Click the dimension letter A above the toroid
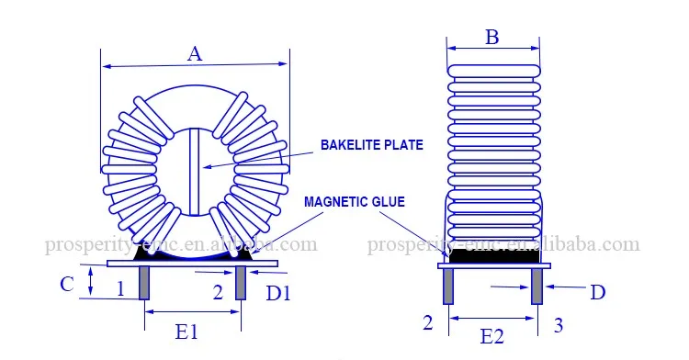click(195, 54)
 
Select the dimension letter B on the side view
click(492, 37)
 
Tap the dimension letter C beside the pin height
click(67, 284)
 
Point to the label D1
click(278, 293)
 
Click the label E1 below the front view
click(186, 332)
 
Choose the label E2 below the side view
click(491, 337)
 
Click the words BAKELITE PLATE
click(372, 145)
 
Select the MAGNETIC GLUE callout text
click(355, 202)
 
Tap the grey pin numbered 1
click(143, 283)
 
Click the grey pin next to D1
click(241, 283)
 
